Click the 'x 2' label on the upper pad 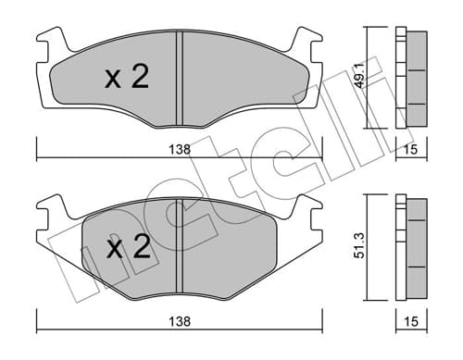127,76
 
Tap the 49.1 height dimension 360,76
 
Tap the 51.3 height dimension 360,245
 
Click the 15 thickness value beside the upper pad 411,150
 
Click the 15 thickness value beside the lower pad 411,322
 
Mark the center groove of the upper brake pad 180,79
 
